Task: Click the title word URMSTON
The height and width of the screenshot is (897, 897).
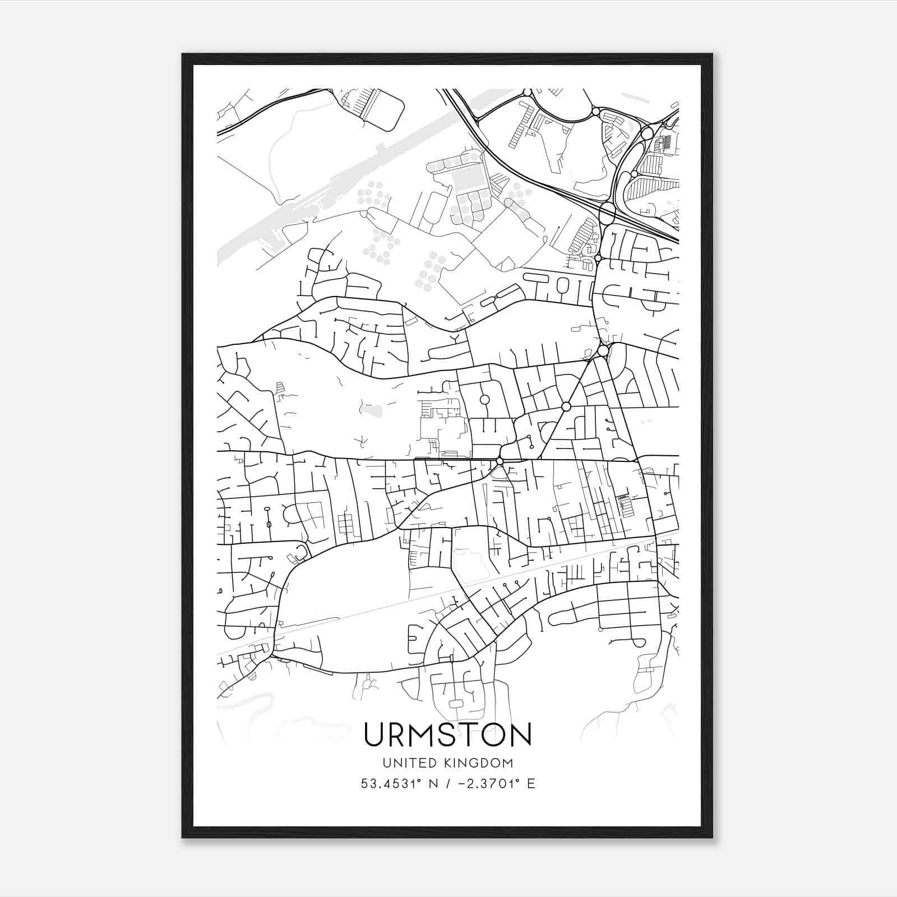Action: pyautogui.click(x=447, y=735)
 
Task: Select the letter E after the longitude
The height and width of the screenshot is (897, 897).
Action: pyautogui.click(x=531, y=784)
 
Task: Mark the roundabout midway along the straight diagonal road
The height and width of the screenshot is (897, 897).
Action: pyautogui.click(x=566, y=406)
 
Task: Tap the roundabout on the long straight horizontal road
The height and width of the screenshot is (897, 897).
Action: pyautogui.click(x=499, y=461)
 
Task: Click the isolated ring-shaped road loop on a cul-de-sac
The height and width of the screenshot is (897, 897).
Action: pyautogui.click(x=484, y=400)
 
